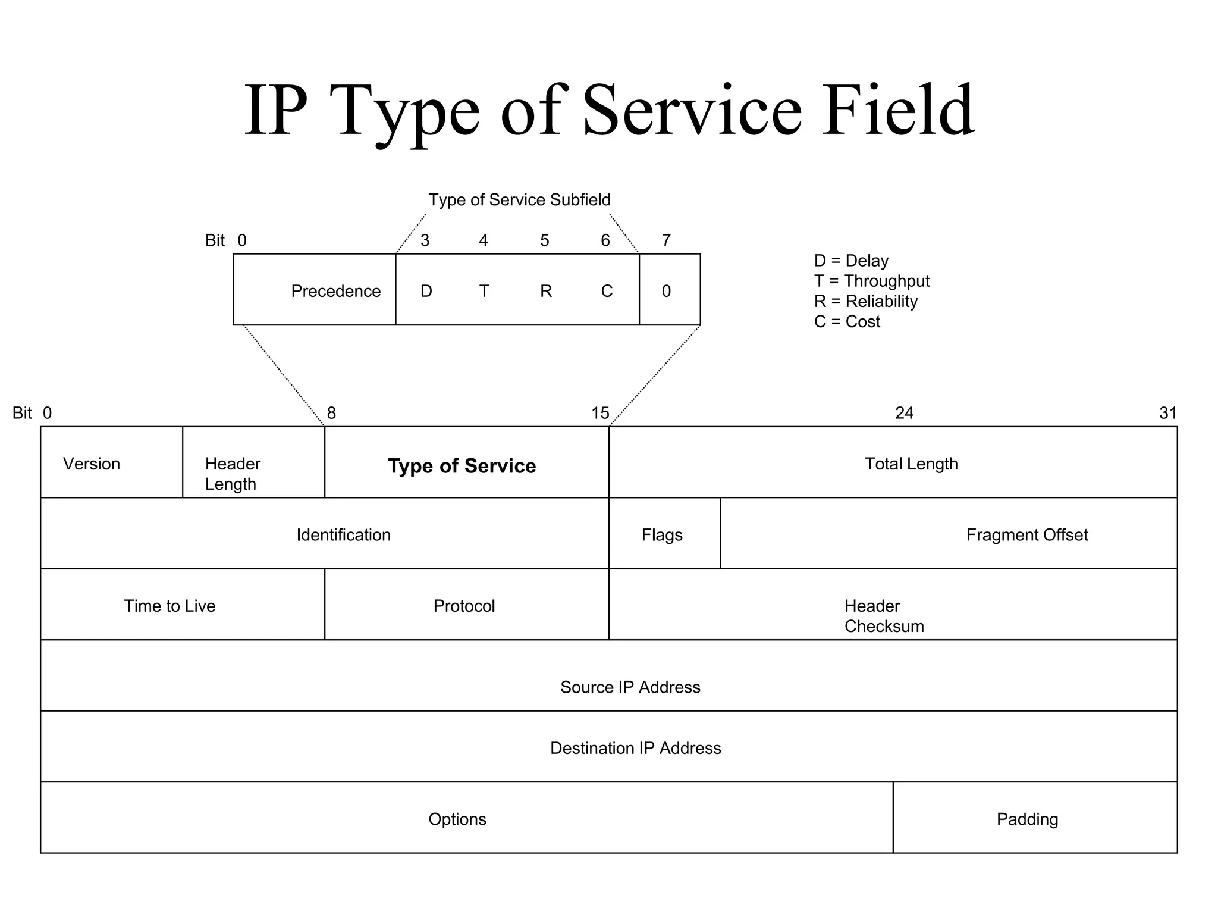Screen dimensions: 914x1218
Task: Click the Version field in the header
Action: tap(92, 464)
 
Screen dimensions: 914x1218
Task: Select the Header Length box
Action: tap(233, 474)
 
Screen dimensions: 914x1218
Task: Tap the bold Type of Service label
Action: tap(462, 465)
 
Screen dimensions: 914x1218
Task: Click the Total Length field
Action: tap(911, 464)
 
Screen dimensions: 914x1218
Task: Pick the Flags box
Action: tap(662, 534)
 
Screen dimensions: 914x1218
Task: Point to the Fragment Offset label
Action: tap(1026, 534)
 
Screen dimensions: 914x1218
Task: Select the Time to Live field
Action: tap(169, 606)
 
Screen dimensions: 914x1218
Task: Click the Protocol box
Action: tap(464, 606)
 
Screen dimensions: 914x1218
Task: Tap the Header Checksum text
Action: tap(884, 616)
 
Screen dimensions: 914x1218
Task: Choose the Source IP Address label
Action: tap(630, 687)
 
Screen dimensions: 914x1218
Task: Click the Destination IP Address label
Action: tap(635, 747)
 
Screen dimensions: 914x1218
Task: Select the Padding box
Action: tap(1027, 819)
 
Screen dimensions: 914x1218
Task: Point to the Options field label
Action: tap(457, 819)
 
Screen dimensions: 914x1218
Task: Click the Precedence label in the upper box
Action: tap(335, 291)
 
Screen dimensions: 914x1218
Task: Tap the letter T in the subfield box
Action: tap(484, 291)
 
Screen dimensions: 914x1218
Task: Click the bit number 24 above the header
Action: tap(904, 413)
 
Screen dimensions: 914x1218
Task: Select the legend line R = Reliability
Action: tap(865, 301)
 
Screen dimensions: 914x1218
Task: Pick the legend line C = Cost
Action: tap(847, 321)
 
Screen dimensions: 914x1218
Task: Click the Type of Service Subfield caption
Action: tap(519, 199)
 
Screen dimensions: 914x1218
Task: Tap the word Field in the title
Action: tap(898, 110)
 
